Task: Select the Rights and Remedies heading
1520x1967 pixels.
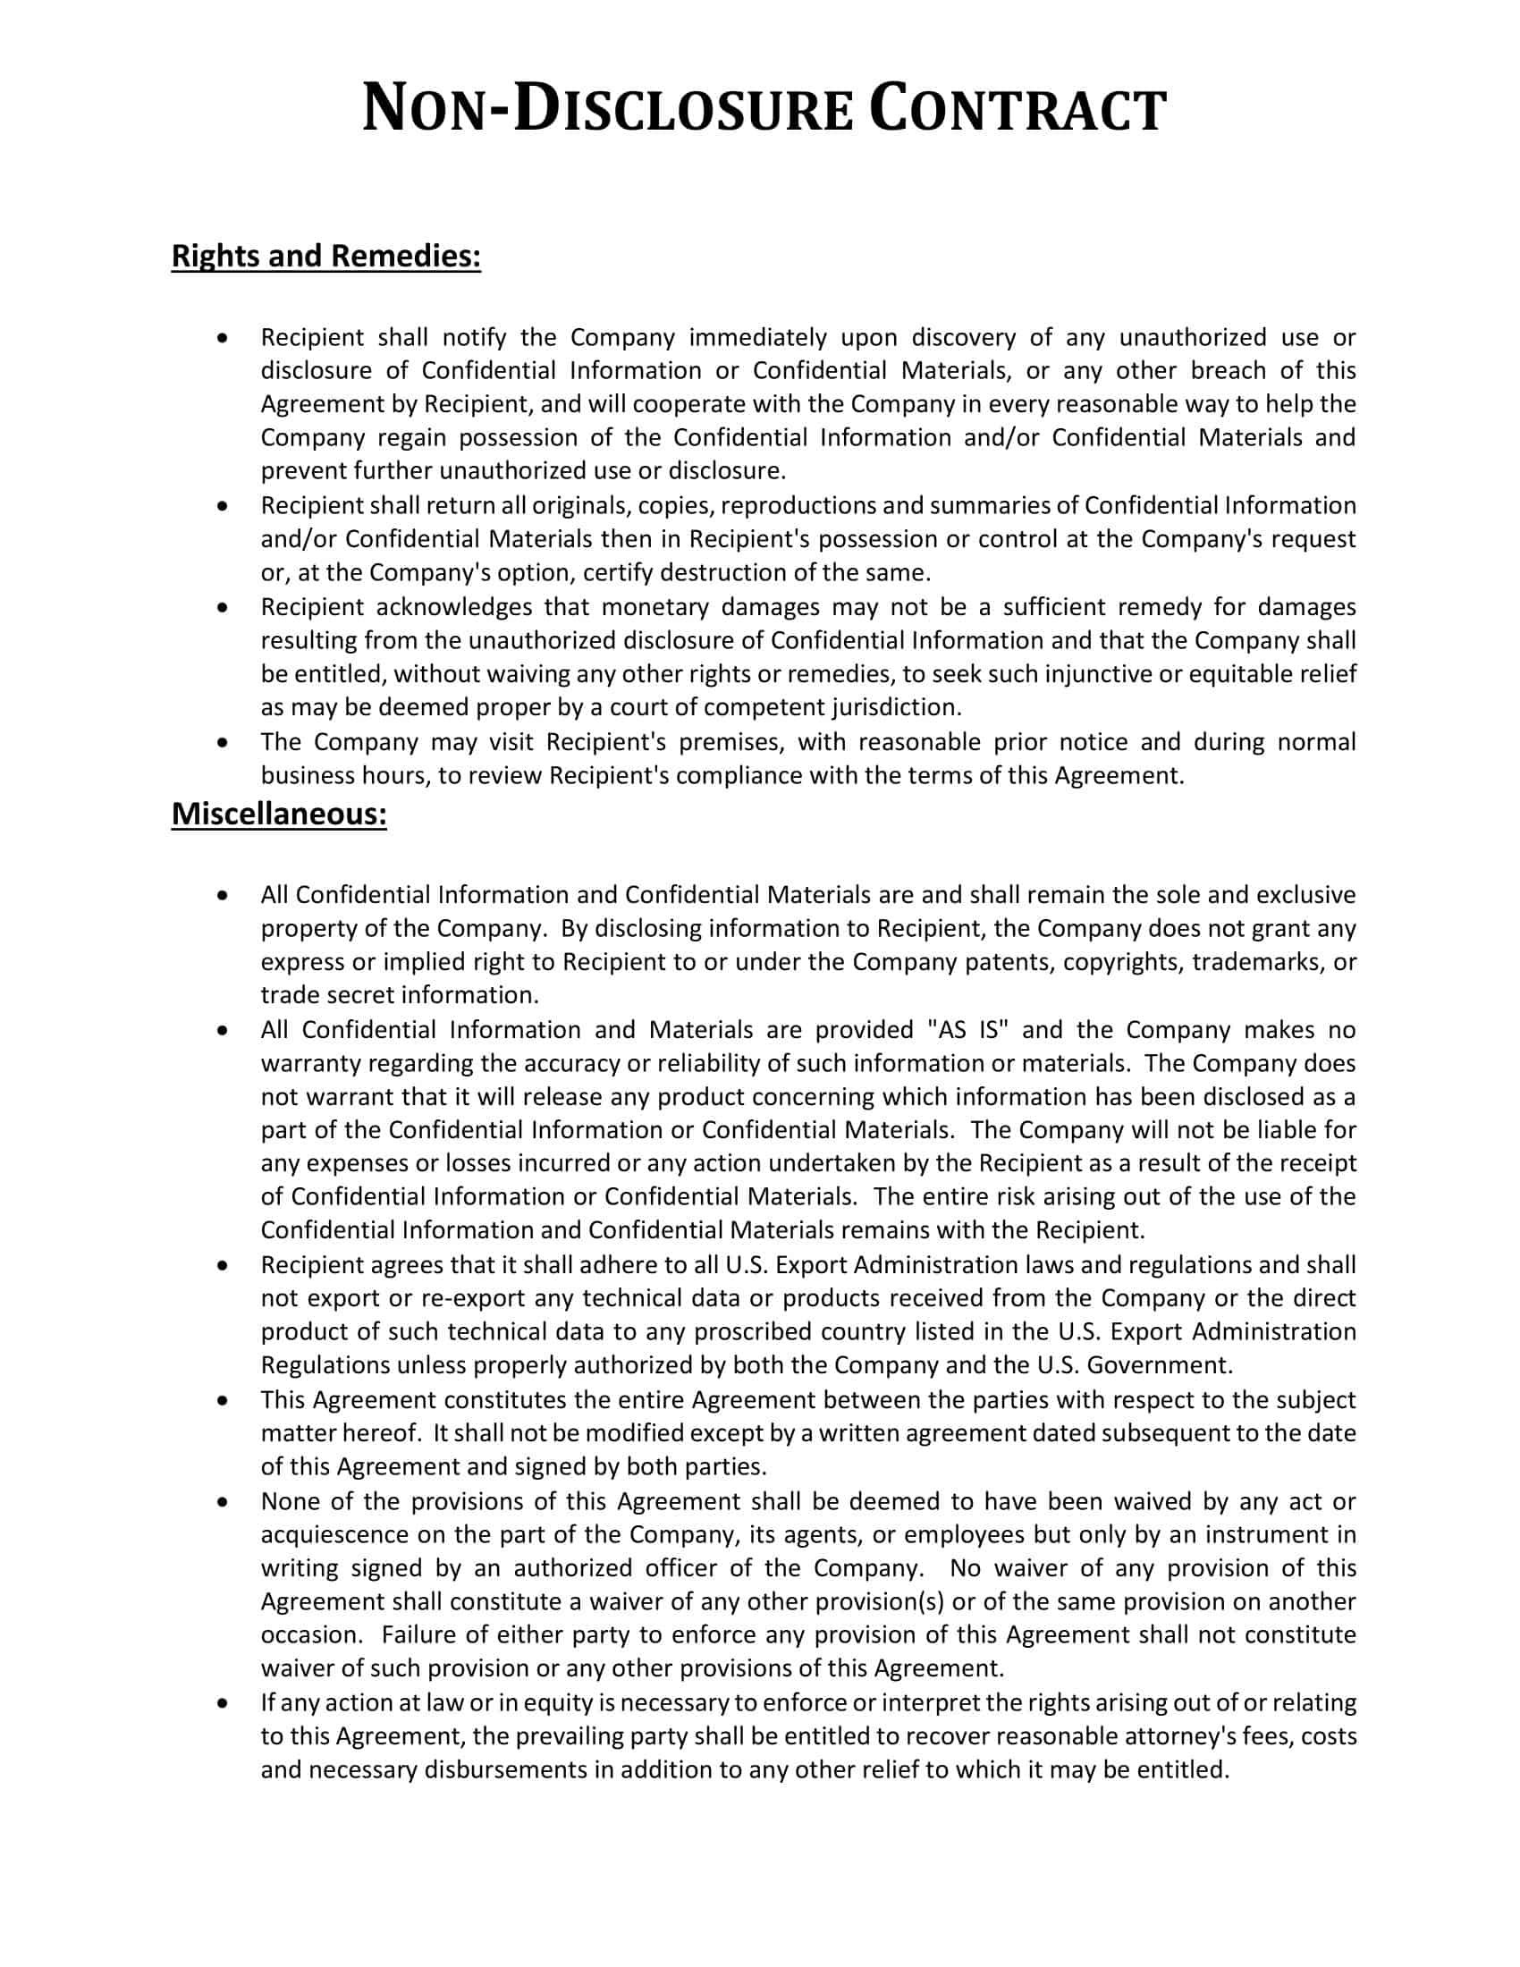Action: [326, 257]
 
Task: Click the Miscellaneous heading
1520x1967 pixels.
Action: [279, 814]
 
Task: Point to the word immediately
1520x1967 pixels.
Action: [757, 338]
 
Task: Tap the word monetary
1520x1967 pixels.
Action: [654, 607]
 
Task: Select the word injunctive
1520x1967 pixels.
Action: [1098, 674]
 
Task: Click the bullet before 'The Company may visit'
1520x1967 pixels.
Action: [223, 743]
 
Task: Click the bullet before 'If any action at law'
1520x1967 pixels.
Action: [223, 1703]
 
